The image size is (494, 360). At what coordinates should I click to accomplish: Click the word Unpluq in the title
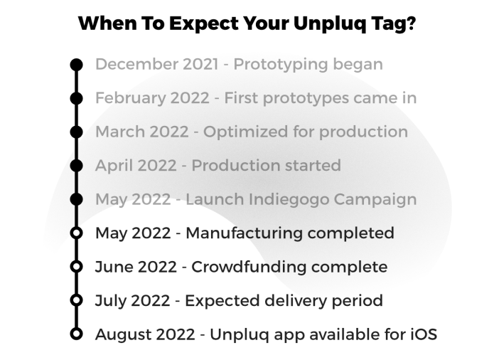(x=330, y=24)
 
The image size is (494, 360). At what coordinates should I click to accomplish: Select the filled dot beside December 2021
(x=76, y=65)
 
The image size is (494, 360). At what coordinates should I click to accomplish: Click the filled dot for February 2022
(x=76, y=98)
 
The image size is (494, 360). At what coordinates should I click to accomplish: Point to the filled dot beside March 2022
(x=76, y=132)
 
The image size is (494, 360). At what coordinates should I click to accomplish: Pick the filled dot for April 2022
(x=76, y=166)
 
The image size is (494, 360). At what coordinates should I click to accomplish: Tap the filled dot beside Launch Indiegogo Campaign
(x=76, y=199)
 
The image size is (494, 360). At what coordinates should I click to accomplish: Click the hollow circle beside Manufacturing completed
(x=76, y=233)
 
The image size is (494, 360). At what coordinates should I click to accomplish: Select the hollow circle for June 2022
(x=76, y=267)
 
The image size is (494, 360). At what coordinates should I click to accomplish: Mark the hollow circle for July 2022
(x=76, y=300)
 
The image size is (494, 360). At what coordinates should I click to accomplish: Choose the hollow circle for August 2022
(x=76, y=334)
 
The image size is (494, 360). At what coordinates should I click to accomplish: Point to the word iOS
(x=424, y=334)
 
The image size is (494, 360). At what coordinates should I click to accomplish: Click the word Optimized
(x=245, y=132)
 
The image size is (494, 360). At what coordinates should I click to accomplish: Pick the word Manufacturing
(x=245, y=233)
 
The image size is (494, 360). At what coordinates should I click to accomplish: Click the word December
(x=136, y=64)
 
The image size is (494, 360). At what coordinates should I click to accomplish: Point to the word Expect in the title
(x=203, y=24)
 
